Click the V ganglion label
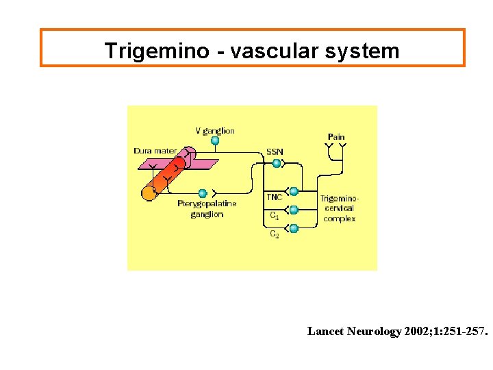click(x=215, y=130)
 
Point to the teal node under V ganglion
click(x=215, y=141)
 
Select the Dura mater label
click(x=155, y=150)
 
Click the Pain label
click(x=336, y=137)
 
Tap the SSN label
click(x=275, y=151)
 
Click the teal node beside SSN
click(x=277, y=163)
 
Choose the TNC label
click(x=274, y=197)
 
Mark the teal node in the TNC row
click(x=294, y=192)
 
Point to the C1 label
click(x=274, y=215)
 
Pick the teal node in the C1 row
click(x=294, y=210)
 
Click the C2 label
click(x=274, y=234)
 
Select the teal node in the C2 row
click(x=294, y=228)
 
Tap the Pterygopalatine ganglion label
click(x=207, y=209)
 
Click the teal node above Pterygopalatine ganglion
click(x=203, y=193)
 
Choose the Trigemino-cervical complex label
click(x=339, y=208)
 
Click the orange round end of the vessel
click(x=149, y=193)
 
